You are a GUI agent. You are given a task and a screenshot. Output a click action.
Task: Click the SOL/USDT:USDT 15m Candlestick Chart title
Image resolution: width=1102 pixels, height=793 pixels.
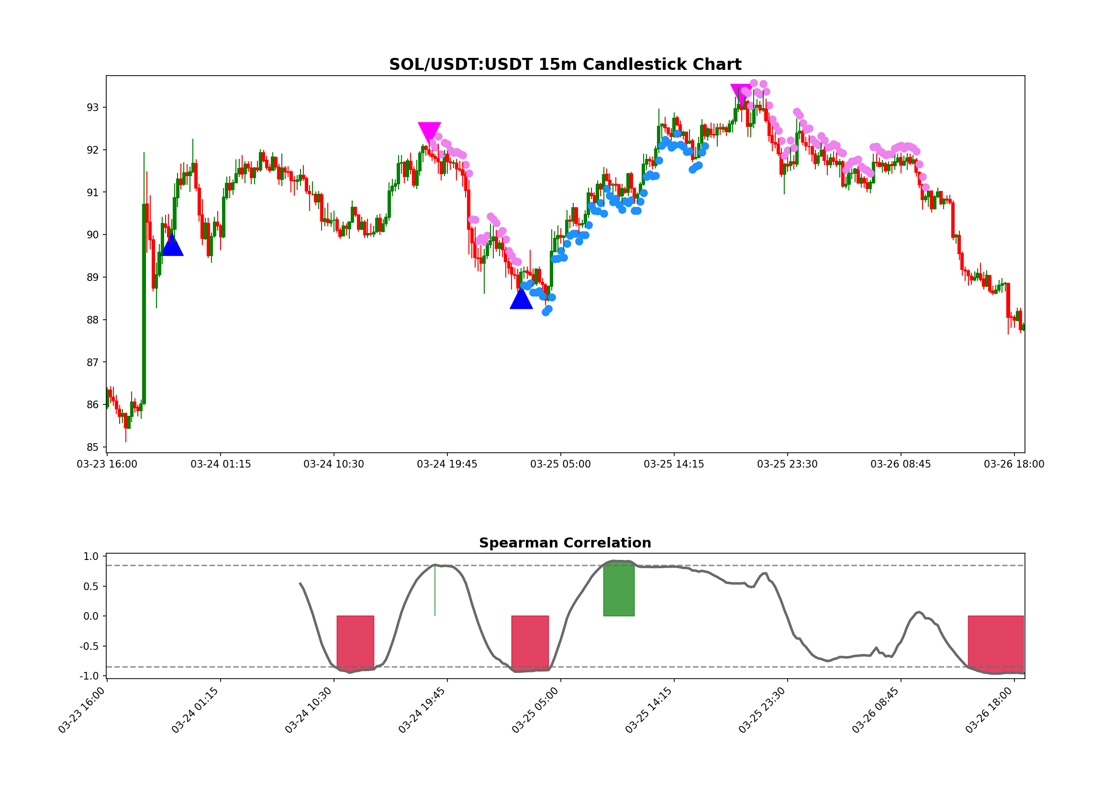(x=565, y=65)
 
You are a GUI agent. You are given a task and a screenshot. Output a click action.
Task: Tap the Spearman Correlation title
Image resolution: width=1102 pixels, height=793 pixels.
(x=565, y=543)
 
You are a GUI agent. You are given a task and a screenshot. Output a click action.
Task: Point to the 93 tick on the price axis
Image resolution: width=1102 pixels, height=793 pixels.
(x=92, y=107)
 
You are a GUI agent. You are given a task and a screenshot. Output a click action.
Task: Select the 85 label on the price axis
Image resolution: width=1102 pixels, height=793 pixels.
(x=92, y=447)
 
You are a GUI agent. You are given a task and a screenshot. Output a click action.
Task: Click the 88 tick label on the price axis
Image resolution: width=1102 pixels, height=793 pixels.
(x=92, y=320)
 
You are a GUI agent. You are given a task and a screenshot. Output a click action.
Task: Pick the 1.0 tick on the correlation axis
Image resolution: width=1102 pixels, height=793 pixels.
(x=91, y=557)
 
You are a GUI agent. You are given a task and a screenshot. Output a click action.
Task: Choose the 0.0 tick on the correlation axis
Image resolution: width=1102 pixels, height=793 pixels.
(x=91, y=616)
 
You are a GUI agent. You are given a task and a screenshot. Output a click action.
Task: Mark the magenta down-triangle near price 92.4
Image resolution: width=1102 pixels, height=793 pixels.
(x=430, y=131)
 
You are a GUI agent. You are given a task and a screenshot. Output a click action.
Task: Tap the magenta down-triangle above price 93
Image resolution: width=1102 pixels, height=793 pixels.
(x=741, y=92)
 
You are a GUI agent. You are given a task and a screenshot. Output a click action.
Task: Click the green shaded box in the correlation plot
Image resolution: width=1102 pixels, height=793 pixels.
(x=619, y=589)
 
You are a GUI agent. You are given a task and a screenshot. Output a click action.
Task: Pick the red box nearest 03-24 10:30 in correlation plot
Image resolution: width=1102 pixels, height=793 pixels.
(x=355, y=642)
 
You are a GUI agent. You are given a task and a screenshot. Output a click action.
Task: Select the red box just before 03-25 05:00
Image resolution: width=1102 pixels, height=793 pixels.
(x=530, y=643)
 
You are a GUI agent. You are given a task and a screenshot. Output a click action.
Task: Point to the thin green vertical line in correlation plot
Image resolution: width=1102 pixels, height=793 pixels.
(x=435, y=591)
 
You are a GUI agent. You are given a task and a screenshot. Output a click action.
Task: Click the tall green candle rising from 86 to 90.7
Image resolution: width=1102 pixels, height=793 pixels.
(x=144, y=304)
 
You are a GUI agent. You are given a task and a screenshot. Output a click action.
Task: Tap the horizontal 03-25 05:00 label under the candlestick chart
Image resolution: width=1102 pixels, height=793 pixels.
(x=560, y=465)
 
